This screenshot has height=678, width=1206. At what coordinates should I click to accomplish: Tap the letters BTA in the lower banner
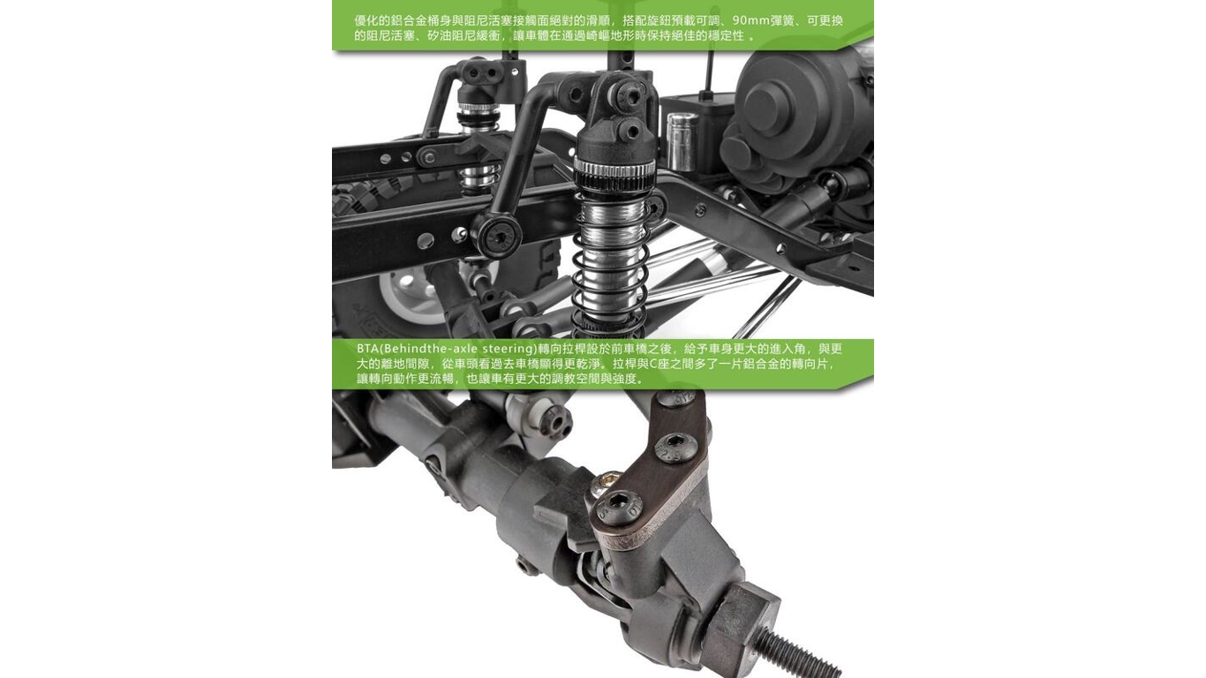[367, 349]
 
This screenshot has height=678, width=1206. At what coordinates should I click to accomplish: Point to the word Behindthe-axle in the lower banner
[430, 349]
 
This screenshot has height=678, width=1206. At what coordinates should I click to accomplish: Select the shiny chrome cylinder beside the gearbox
[682, 140]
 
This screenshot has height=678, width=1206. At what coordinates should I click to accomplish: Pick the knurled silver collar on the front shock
[614, 171]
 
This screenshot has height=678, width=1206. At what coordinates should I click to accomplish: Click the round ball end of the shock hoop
[497, 235]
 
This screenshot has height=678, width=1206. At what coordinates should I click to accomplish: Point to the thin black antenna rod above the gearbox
[710, 72]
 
